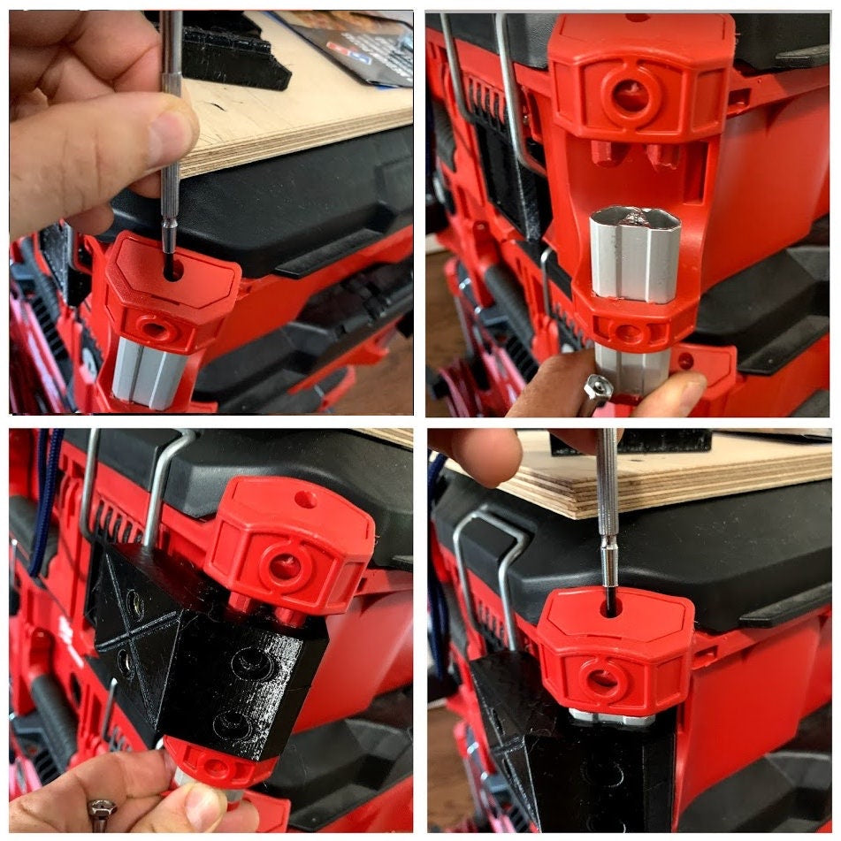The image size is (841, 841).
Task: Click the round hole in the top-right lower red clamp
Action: pyautogui.click(x=629, y=333)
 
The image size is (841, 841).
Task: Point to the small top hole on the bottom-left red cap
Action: pyautogui.click(x=305, y=500)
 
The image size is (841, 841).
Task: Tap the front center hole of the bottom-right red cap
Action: pyautogui.click(x=603, y=682)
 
